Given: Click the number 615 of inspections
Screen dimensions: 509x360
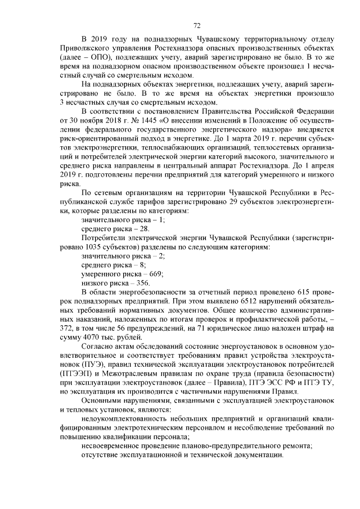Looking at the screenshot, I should [x=295, y=292].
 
